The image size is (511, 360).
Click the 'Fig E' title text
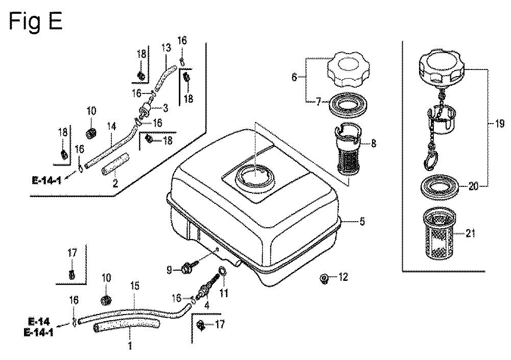pyautogui.click(x=36, y=22)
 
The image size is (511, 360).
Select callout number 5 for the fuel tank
pyautogui.click(x=362, y=222)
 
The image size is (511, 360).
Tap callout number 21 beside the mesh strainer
pyautogui.click(x=470, y=233)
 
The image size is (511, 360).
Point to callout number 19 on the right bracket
pyautogui.click(x=499, y=124)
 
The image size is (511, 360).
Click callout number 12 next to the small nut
pyautogui.click(x=343, y=277)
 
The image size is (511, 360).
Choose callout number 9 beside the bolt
pyautogui.click(x=169, y=270)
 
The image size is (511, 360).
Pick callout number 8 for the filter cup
pyautogui.click(x=373, y=143)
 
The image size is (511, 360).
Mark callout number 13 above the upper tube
pyautogui.click(x=166, y=48)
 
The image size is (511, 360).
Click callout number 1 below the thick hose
pyautogui.click(x=130, y=345)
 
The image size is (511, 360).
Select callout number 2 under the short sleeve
pyautogui.click(x=115, y=183)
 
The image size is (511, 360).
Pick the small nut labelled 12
pyautogui.click(x=324, y=279)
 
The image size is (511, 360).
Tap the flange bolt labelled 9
pyautogui.click(x=190, y=268)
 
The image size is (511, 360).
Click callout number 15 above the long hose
pyautogui.click(x=134, y=286)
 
